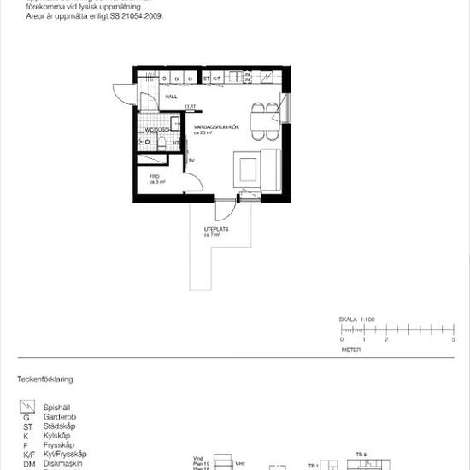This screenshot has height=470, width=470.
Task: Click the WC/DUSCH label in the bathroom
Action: coord(156,130)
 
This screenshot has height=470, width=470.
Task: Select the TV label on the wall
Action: coord(192,160)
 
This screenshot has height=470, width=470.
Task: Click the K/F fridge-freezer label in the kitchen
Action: coord(218,79)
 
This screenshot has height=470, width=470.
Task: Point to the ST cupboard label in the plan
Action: coord(206,79)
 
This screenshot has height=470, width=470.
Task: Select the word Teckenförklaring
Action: coord(45,378)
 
